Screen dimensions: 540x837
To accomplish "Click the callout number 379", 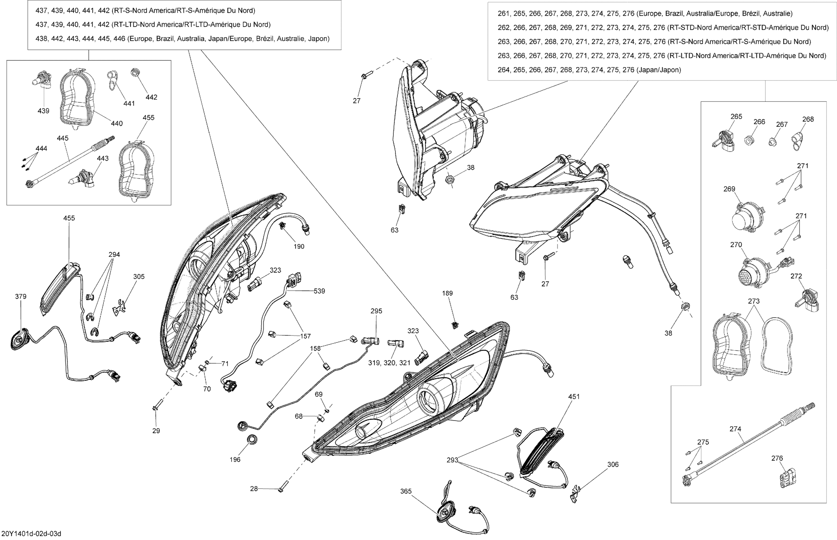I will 21,297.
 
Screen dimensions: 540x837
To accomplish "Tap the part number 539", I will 319,291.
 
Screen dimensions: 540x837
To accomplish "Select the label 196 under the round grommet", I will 235,460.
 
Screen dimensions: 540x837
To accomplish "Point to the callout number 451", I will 574,397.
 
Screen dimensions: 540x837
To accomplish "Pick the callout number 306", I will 613,465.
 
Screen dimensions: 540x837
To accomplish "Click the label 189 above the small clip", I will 447,293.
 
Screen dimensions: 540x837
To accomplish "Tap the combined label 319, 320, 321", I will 389,363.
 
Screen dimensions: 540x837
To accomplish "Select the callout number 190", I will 299,247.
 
